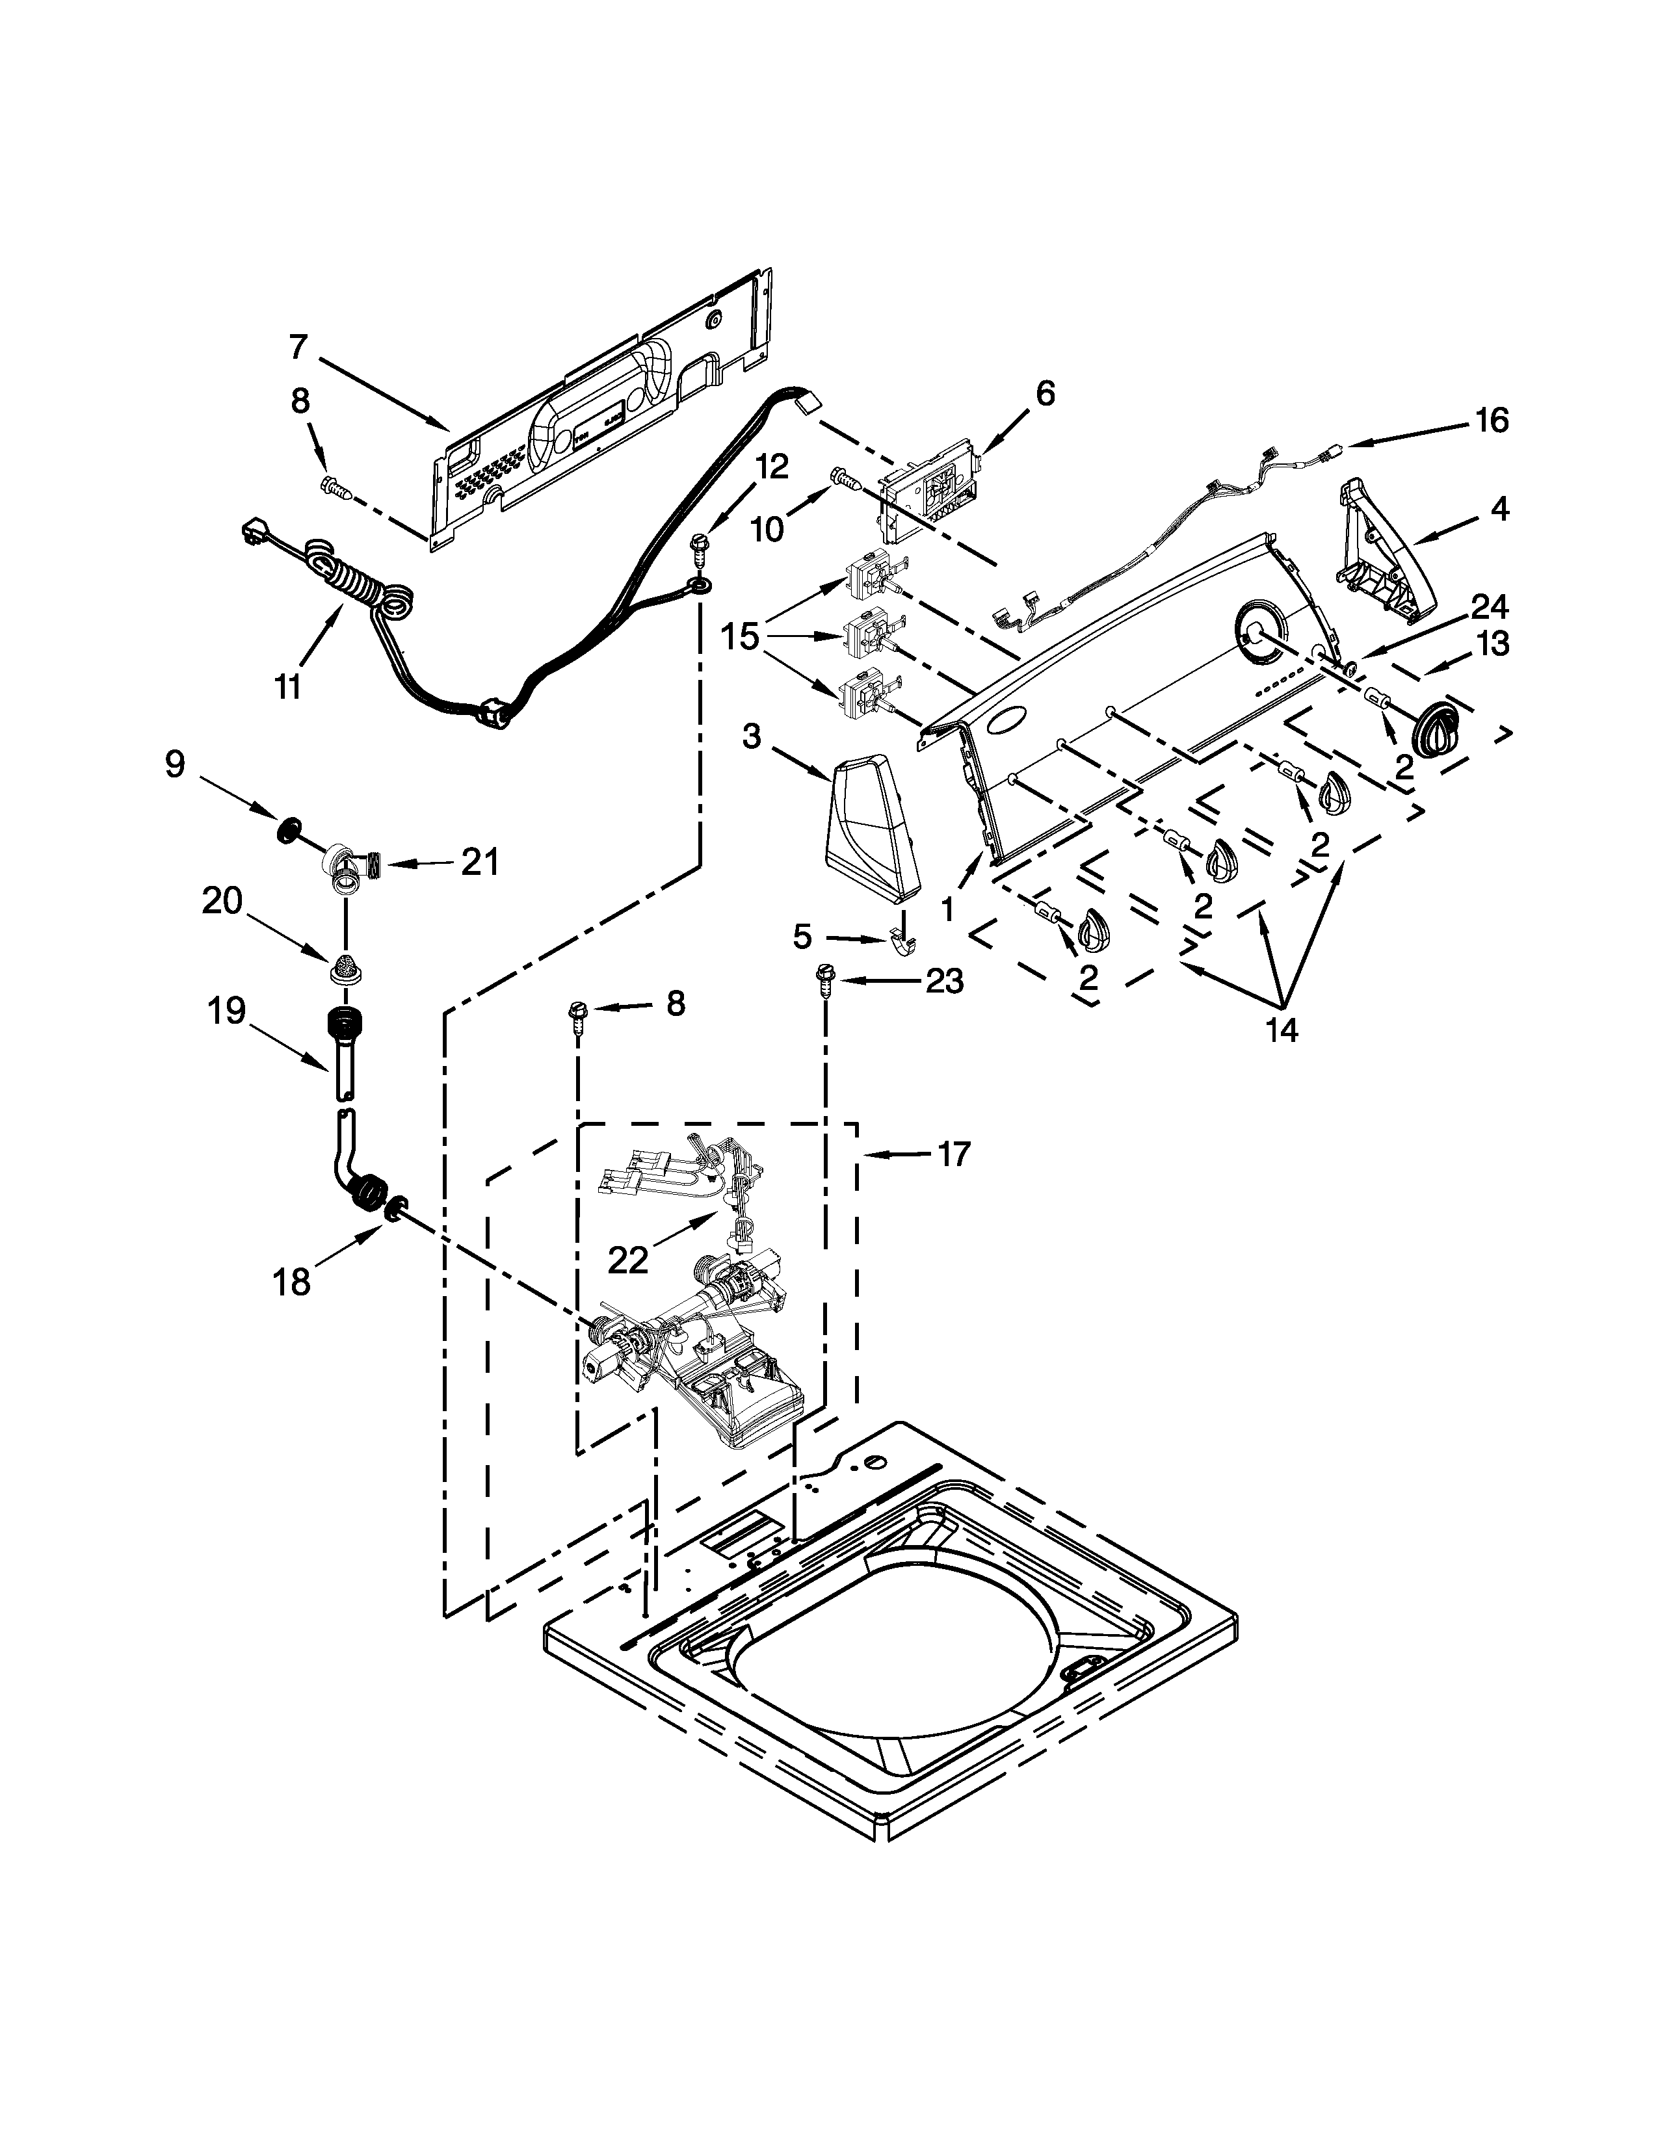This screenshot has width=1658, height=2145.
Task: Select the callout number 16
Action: tap(1491, 421)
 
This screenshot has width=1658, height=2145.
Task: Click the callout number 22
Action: tap(629, 1259)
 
